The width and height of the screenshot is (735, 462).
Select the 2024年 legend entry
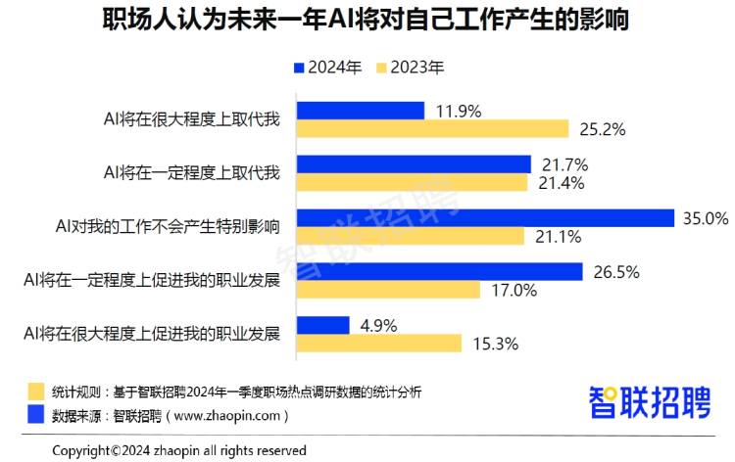pyautogui.click(x=326, y=69)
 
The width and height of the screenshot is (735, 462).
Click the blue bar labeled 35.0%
pyautogui.click(x=485, y=218)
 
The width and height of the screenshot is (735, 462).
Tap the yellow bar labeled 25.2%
pyautogui.click(x=432, y=129)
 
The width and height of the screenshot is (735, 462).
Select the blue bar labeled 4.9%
pyautogui.click(x=322, y=325)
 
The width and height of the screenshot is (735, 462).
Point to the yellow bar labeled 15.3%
pyautogui.click(x=378, y=343)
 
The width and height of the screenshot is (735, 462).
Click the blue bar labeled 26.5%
pyautogui.click(x=439, y=271)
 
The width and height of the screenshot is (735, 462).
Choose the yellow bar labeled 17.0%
pyautogui.click(x=388, y=290)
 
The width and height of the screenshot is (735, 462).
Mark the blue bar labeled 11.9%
pyautogui.click(x=360, y=111)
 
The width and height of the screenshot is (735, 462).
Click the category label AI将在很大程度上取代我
pyautogui.click(x=192, y=120)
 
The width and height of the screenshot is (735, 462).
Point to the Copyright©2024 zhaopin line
pyautogui.click(x=179, y=450)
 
